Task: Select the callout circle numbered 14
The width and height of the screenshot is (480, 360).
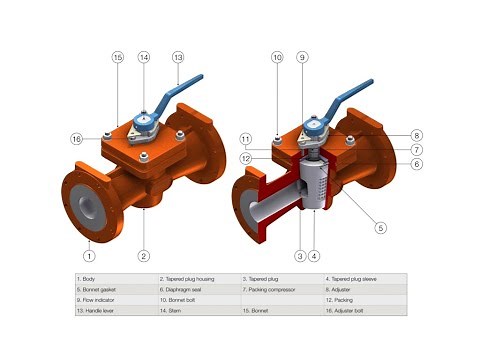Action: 144,58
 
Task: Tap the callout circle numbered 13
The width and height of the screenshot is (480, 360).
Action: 178,58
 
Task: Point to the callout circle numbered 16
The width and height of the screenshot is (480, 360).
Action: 77,138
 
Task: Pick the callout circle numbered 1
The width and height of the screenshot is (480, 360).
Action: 89,255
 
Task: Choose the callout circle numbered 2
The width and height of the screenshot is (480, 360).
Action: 144,255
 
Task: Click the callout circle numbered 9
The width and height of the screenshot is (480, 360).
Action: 303,58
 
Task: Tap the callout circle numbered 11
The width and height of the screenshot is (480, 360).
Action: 245,138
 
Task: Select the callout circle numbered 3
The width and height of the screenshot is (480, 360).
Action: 298,255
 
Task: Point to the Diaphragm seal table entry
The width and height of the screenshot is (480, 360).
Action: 191,289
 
